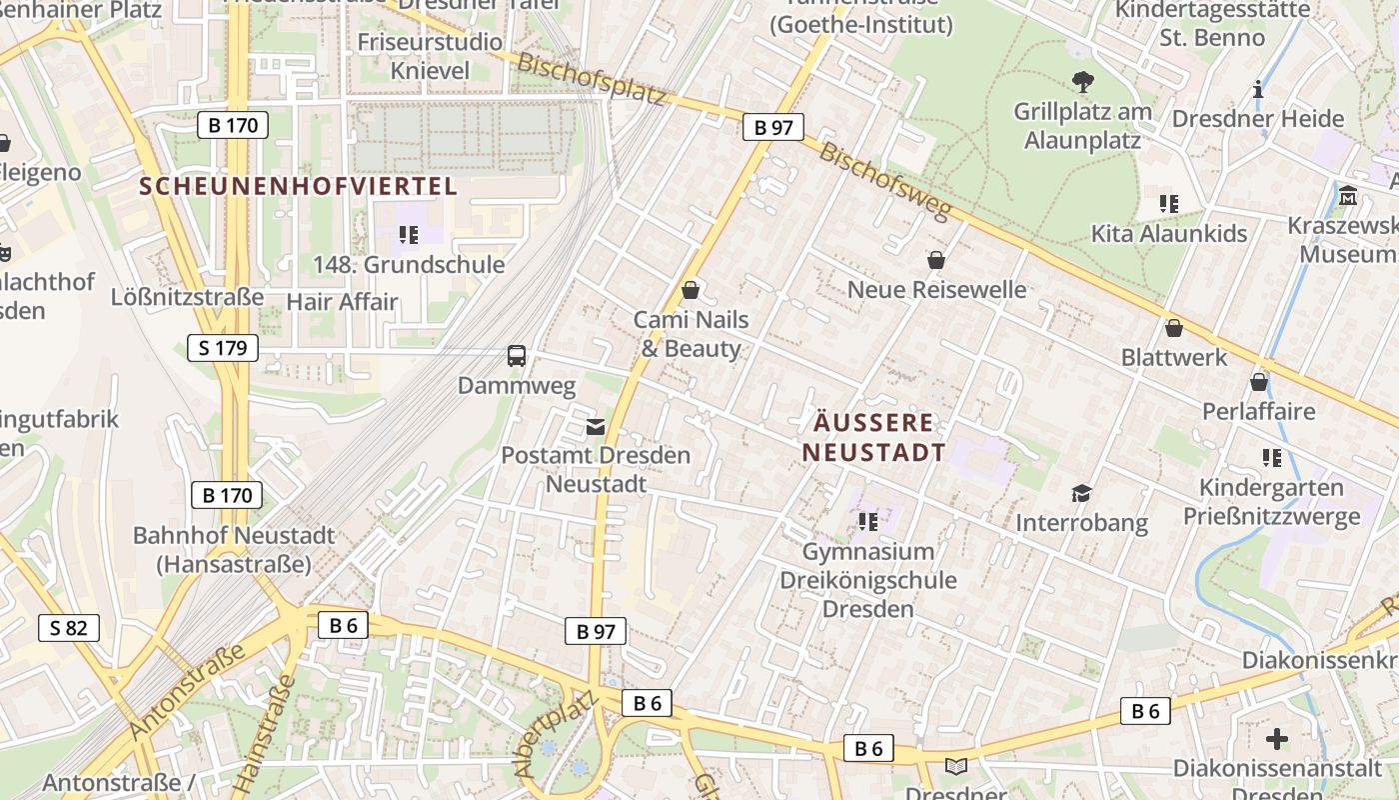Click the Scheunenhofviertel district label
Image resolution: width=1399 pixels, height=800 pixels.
pyautogui.click(x=298, y=186)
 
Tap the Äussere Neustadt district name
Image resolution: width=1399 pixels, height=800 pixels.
pyautogui.click(x=873, y=437)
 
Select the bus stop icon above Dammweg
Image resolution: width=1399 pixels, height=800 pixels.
pyautogui.click(x=517, y=356)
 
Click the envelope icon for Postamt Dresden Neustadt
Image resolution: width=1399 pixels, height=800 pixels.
pyautogui.click(x=596, y=427)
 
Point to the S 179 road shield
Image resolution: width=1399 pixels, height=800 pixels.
pyautogui.click(x=223, y=348)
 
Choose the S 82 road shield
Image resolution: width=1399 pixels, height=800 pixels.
pyautogui.click(x=69, y=628)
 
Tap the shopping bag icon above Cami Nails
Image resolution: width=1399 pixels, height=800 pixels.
pyautogui.click(x=690, y=291)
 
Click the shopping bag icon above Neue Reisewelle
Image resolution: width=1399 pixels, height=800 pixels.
pyautogui.click(x=936, y=261)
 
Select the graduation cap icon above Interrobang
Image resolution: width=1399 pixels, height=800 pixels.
pyautogui.click(x=1081, y=493)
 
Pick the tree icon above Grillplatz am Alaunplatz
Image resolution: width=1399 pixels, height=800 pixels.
pyautogui.click(x=1082, y=82)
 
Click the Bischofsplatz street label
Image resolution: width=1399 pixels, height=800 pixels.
pyautogui.click(x=592, y=78)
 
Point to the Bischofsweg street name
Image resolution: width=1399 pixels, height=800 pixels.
pyautogui.click(x=883, y=180)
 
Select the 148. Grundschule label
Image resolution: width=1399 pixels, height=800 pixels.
pyautogui.click(x=409, y=265)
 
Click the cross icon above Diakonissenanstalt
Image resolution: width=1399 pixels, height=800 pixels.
pyautogui.click(x=1276, y=739)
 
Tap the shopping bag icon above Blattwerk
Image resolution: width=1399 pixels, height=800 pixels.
pyautogui.click(x=1174, y=328)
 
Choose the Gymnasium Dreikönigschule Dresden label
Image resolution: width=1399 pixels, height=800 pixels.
pyautogui.click(x=868, y=580)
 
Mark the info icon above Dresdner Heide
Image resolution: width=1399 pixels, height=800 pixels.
pyautogui.click(x=1257, y=90)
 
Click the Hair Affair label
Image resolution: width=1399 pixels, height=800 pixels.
pyautogui.click(x=342, y=302)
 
